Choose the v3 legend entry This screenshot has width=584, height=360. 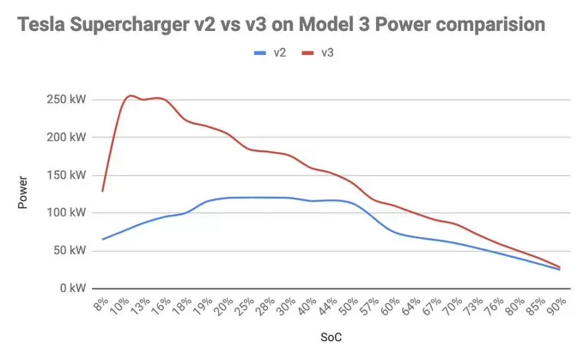pos(320,53)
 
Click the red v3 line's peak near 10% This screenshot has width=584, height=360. pos(130,96)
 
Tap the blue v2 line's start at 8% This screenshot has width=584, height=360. pos(103,239)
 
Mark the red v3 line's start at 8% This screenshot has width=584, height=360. pos(103,191)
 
